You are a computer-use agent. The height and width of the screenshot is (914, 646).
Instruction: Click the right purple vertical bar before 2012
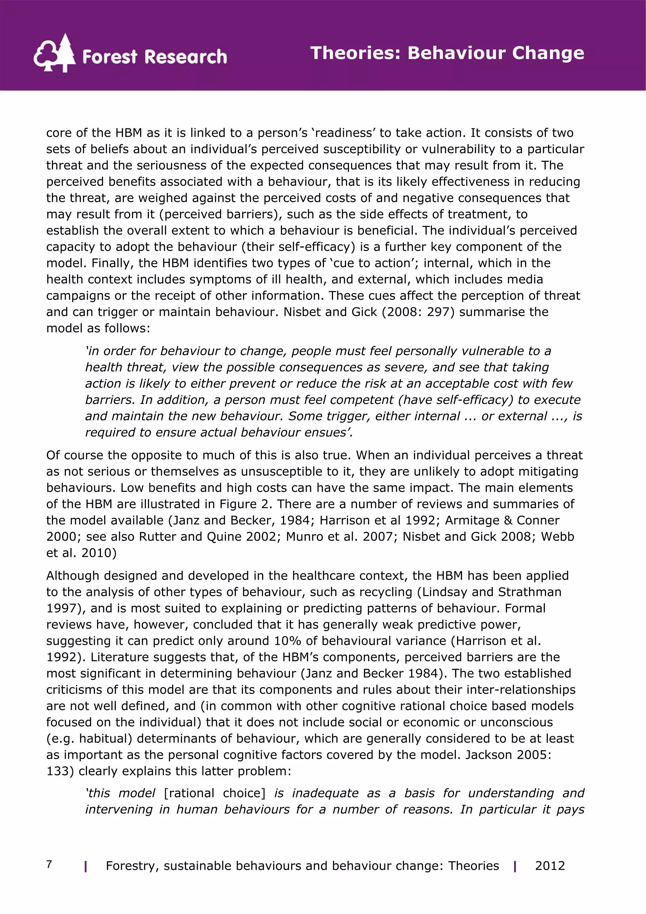515,867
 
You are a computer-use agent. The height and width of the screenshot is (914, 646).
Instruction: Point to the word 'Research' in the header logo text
185,57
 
